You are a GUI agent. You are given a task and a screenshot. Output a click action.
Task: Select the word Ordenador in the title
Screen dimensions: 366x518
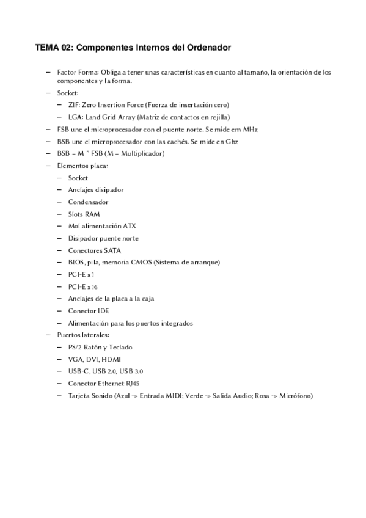pyautogui.click(x=207, y=47)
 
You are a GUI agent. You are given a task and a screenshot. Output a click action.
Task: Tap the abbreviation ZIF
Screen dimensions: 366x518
pyautogui.click(x=73, y=105)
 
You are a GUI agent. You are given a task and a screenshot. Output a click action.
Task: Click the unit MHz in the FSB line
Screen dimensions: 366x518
pyautogui.click(x=250, y=129)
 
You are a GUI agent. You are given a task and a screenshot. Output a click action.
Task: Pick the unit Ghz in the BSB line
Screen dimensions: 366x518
pyautogui.click(x=230, y=142)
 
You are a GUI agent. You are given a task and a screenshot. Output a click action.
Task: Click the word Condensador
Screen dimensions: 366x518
pyautogui.click(x=88, y=202)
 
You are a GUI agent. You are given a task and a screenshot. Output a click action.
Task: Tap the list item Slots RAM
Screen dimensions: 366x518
pyautogui.click(x=84, y=214)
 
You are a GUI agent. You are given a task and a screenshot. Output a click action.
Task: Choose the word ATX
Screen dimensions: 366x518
pyautogui.click(x=130, y=226)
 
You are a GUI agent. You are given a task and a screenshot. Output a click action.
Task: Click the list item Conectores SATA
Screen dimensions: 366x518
pyautogui.click(x=94, y=250)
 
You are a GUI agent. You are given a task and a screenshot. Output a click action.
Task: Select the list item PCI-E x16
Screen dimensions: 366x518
pyautogui.click(x=82, y=286)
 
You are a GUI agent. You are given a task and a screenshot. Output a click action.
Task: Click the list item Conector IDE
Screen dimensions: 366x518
pyautogui.click(x=89, y=310)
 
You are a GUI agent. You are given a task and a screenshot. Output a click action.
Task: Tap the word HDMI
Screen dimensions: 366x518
pyautogui.click(x=112, y=359)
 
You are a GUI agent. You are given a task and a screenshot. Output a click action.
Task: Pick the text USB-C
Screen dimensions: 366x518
pyautogui.click(x=78, y=371)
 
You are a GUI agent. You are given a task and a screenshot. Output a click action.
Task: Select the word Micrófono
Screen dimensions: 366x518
pyautogui.click(x=295, y=395)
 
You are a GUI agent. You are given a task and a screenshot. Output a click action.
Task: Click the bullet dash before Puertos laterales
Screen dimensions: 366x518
pyautogui.click(x=48, y=335)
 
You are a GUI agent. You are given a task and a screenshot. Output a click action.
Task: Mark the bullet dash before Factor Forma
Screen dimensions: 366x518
pyautogui.click(x=48, y=72)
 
